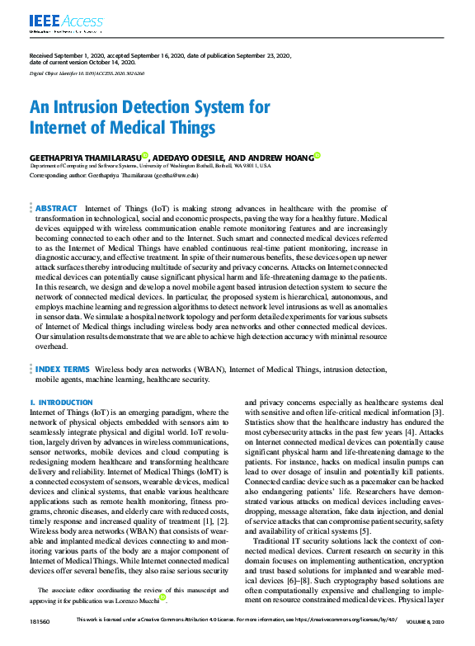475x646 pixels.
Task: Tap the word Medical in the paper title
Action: tap(153, 128)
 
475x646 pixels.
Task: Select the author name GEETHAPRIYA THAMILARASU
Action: tap(84, 157)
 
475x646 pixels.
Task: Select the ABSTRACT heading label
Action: tap(57, 210)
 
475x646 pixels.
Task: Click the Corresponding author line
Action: tap(114, 176)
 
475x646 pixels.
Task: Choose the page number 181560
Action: tap(40, 640)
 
